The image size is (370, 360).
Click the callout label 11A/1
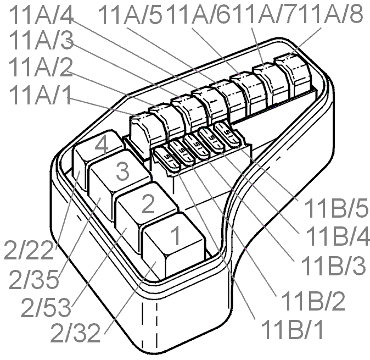tap(40, 95)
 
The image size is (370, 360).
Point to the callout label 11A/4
tap(41, 15)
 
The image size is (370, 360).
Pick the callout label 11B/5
tap(336, 208)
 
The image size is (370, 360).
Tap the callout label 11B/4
tap(338, 236)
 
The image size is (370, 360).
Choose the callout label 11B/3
tap(333, 265)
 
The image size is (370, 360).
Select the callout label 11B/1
tap(292, 329)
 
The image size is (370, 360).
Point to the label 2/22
tap(29, 251)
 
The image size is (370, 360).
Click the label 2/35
tap(33, 280)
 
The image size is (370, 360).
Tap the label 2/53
tap(46, 308)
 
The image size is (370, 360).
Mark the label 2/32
tap(76, 334)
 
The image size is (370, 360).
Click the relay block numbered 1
tap(173, 246)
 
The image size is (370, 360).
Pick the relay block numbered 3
tap(120, 184)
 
